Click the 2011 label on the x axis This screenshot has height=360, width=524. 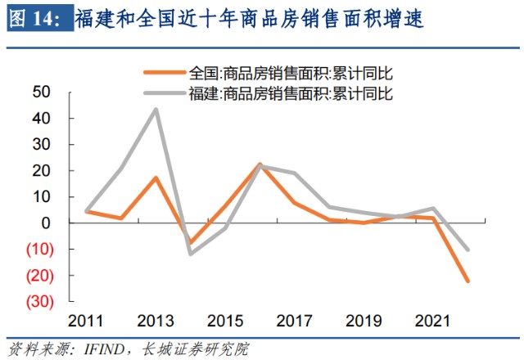[86, 319]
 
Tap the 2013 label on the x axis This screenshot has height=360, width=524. [156, 319]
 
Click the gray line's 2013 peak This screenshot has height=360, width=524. [156, 110]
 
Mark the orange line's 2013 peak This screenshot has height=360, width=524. [156, 178]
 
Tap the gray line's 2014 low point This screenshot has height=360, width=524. [191, 254]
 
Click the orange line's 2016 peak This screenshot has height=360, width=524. [260, 164]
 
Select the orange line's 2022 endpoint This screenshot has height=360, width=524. [468, 281]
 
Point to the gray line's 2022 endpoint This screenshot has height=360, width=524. [468, 250]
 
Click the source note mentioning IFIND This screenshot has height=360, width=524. [127, 349]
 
